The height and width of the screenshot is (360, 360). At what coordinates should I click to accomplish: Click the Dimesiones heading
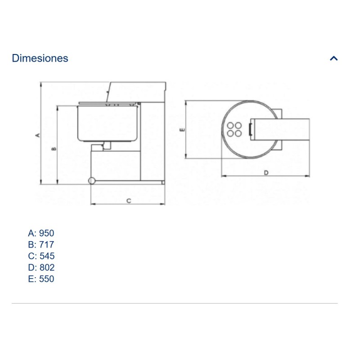pyautogui.click(x=40, y=58)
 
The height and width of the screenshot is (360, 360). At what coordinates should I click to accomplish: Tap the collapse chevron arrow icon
pyautogui.click(x=333, y=58)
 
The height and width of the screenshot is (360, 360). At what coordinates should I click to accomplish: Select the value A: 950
pyautogui.click(x=41, y=233)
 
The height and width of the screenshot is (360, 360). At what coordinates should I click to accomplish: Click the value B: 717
pyautogui.click(x=41, y=244)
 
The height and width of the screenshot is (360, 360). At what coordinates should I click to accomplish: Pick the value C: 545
pyautogui.click(x=41, y=256)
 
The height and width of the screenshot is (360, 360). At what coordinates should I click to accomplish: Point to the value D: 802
pyautogui.click(x=41, y=267)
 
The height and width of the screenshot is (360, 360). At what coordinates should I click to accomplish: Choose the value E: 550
pyautogui.click(x=41, y=279)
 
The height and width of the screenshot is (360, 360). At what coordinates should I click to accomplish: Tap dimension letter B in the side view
pyautogui.click(x=54, y=149)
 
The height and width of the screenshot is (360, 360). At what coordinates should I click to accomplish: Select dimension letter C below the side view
pyautogui.click(x=129, y=201)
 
